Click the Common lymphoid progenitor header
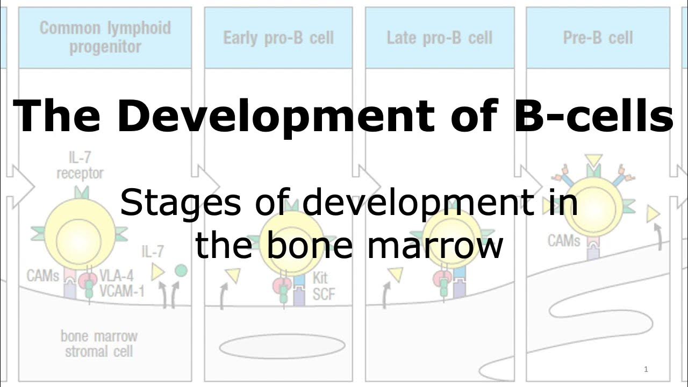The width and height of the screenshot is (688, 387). pyautogui.click(x=105, y=37)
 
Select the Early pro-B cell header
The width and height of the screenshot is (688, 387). pyautogui.click(x=278, y=38)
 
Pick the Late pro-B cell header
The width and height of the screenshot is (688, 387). pyautogui.click(x=439, y=38)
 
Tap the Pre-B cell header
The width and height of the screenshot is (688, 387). pyautogui.click(x=598, y=38)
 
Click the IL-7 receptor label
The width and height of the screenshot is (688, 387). pyautogui.click(x=80, y=166)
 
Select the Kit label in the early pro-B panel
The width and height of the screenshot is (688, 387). pyautogui.click(x=319, y=278)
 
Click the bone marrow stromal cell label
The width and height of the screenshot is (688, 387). pyautogui.click(x=98, y=344)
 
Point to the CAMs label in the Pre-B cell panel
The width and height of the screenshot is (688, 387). pyautogui.click(x=564, y=240)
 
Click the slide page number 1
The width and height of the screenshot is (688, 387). pyautogui.click(x=646, y=369)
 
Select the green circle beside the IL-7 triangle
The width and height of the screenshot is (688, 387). pyautogui.click(x=181, y=270)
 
